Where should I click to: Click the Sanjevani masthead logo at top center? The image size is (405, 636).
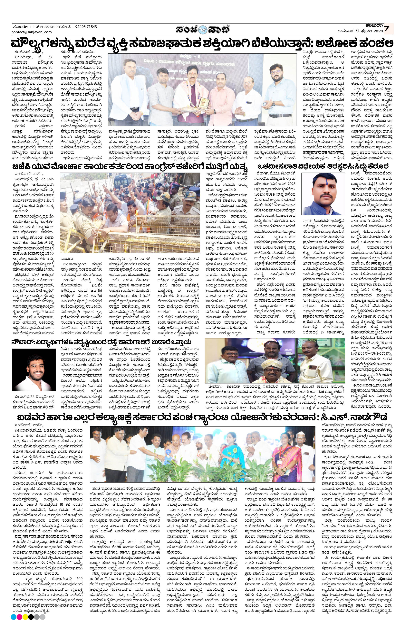tap(203, 29)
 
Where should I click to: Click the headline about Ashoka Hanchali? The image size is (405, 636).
tap(203, 43)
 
